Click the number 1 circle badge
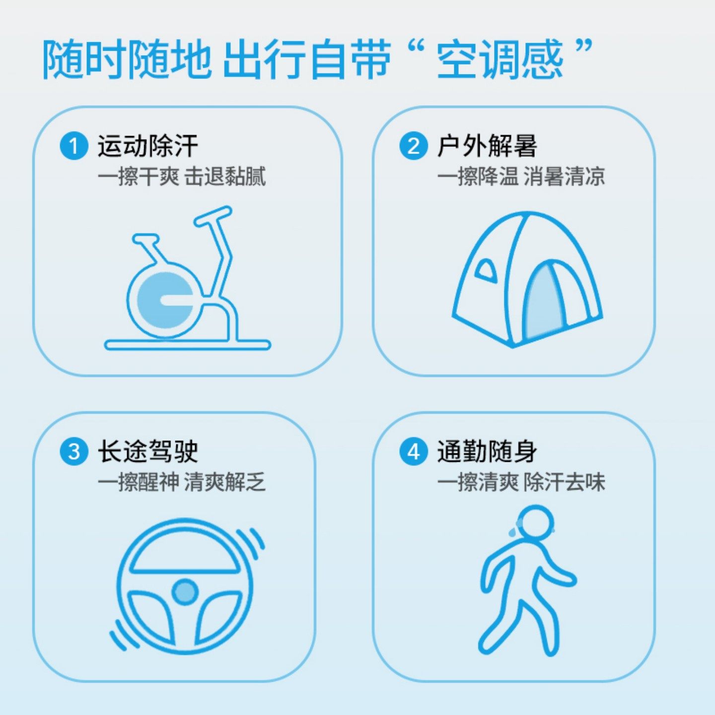[73, 146]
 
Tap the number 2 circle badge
[413, 146]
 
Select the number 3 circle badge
[73, 452]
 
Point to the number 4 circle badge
[413, 452]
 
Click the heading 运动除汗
[147, 146]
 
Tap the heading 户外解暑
[487, 146]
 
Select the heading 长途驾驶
[147, 452]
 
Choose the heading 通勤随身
[487, 452]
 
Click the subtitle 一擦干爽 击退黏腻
[181, 177]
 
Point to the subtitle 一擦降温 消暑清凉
[521, 177]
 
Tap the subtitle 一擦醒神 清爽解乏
[181, 482]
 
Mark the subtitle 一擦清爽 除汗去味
[521, 482]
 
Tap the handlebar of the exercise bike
[213, 217]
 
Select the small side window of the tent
[486, 271]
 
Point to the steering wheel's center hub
[185, 592]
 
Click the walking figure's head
[535, 522]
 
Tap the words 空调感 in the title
[500, 60]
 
